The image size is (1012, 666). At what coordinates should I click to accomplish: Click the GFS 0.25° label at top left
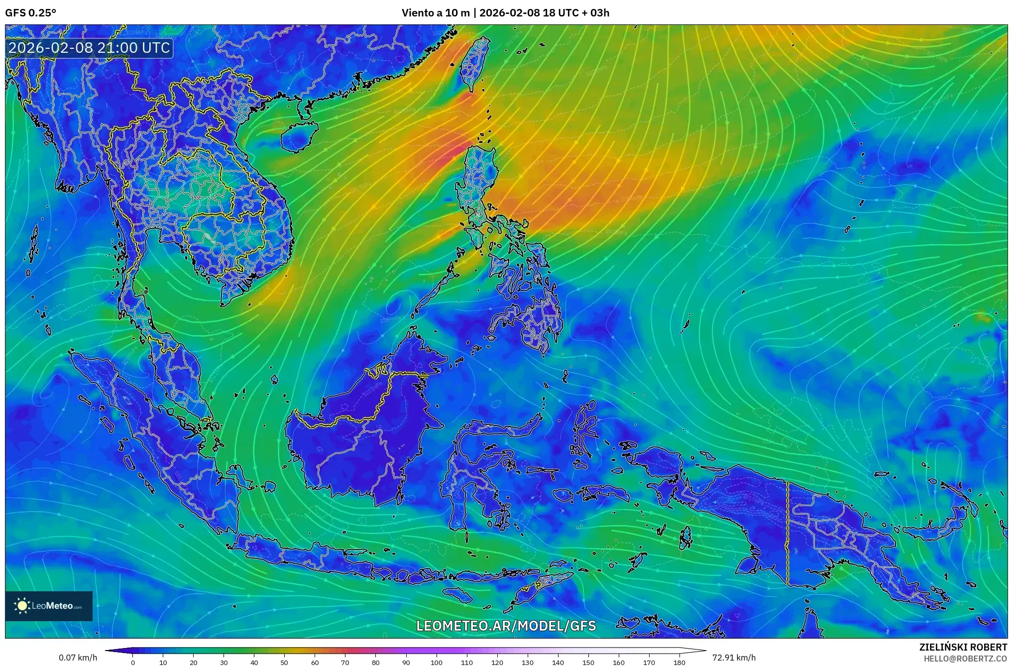point(30,13)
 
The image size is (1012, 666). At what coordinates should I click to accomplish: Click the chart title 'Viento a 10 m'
point(435,13)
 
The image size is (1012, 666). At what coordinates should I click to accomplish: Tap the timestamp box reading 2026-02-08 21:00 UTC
point(90,48)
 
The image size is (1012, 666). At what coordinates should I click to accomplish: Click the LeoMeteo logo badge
point(49,606)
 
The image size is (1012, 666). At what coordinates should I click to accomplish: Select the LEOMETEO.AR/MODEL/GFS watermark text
point(506,626)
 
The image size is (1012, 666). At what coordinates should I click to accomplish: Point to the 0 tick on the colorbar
point(133,662)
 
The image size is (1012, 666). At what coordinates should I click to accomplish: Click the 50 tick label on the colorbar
point(284,662)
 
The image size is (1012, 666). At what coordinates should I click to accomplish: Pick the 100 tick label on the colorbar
point(436,662)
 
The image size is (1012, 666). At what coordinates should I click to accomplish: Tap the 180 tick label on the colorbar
point(679,662)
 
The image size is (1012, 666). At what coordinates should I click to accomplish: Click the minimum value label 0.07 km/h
point(78,658)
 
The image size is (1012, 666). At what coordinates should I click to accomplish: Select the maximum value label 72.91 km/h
point(734,658)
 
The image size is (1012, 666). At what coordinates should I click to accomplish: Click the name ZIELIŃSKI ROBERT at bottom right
point(963,647)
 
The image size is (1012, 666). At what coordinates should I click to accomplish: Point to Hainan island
point(298,137)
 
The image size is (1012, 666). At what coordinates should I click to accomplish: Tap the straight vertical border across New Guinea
point(787,533)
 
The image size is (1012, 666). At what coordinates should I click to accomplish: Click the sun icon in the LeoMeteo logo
point(22,606)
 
